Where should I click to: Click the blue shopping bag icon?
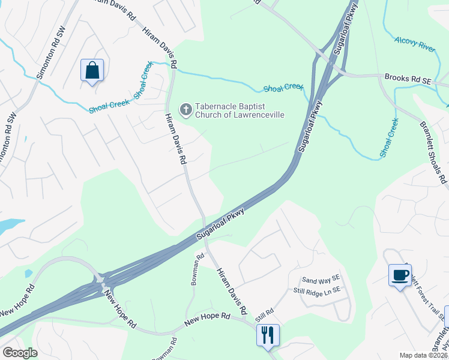pos(92,71)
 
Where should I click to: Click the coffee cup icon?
pos(400,275)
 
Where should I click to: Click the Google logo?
pos(20,353)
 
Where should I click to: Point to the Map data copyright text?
pos(423,355)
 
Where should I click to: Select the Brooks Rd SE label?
pos(408,77)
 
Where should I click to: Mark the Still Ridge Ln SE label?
pos(318,289)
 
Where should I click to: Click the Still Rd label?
pos(264,311)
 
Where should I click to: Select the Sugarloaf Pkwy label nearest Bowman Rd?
pos(221,225)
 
